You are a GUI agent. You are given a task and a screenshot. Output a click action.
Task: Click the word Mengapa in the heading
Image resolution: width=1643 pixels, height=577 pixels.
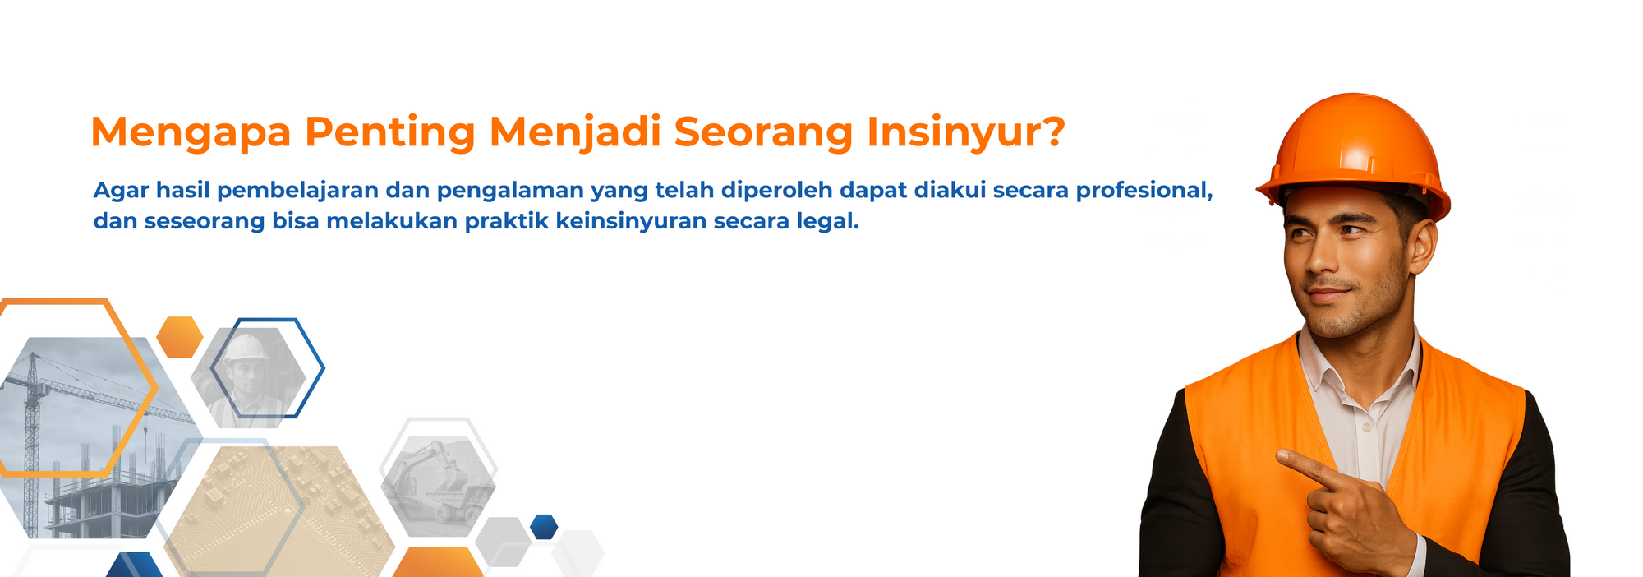click(x=191, y=132)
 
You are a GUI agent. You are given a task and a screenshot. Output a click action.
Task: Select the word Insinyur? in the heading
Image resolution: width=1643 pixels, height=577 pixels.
click(x=966, y=132)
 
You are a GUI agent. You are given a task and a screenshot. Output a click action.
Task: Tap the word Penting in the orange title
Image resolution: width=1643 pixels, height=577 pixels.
click(x=390, y=132)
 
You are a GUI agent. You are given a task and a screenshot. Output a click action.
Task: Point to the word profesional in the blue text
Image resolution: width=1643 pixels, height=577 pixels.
click(x=1144, y=191)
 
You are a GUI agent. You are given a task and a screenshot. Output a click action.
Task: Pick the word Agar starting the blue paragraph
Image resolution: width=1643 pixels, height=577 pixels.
click(x=121, y=191)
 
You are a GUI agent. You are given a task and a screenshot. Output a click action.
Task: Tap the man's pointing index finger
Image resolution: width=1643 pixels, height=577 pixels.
click(x=1305, y=465)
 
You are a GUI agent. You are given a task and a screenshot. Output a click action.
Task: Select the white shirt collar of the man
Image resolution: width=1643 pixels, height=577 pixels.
click(x=1360, y=361)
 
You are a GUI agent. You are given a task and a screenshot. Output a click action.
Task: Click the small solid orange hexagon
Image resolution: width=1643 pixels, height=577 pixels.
click(x=180, y=337)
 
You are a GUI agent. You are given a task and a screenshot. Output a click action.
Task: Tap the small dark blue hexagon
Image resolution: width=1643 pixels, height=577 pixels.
click(x=544, y=527)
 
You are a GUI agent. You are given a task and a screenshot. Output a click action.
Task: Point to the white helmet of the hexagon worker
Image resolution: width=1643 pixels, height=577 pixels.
click(x=246, y=349)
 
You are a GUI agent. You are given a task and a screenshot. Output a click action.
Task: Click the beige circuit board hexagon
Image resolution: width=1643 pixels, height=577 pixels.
click(x=279, y=510)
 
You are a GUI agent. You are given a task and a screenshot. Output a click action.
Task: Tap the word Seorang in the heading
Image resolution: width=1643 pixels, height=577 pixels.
click(x=764, y=132)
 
